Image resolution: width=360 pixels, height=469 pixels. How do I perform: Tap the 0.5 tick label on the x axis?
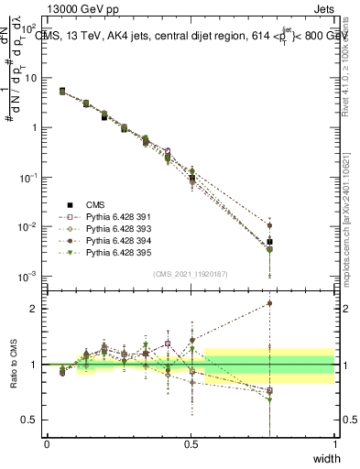(x=191, y=444)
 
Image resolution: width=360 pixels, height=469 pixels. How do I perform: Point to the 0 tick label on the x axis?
(x=47, y=444)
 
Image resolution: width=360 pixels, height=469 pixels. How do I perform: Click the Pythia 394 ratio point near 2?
(x=269, y=303)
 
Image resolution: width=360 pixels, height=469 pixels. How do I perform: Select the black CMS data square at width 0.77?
(x=269, y=242)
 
